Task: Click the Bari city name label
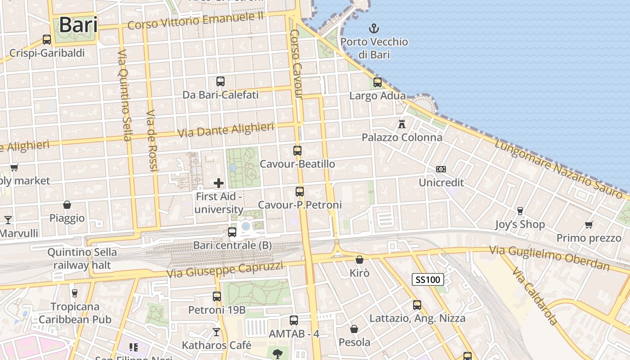pos(78,25)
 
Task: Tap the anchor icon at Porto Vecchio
pos(373,29)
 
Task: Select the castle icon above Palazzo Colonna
pos(402,124)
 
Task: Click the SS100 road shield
pos(428,280)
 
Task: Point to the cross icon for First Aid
pos(219,183)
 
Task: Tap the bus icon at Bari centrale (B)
pos(232,232)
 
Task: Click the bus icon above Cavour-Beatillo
pos(297,151)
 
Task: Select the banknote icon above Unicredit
pos(441,169)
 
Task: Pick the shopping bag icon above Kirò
pos(359,260)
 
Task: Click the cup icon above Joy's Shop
pos(520,211)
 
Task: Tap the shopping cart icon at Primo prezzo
pos(589,225)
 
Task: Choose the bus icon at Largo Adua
pos(378,82)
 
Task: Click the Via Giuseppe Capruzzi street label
pos(225,270)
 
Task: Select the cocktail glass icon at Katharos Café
pos(216,332)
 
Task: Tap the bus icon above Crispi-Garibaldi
pos(47,40)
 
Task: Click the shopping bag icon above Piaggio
pos(67,205)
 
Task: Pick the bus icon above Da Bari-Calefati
pos(220,81)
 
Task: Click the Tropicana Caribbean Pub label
pos(75,313)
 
